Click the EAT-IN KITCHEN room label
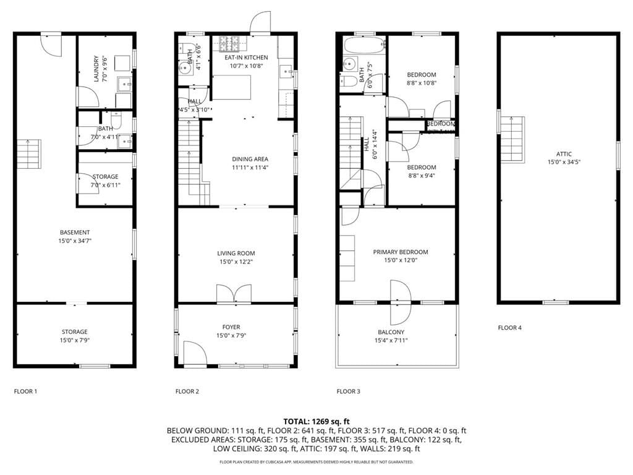click(246, 58)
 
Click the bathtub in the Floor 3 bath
click(364, 45)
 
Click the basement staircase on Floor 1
click(28, 155)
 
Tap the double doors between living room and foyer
click(234, 294)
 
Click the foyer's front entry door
click(195, 355)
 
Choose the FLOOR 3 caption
click(349, 392)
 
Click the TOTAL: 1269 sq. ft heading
click(316, 421)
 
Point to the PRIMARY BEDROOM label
click(400, 252)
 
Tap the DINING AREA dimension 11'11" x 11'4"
click(250, 167)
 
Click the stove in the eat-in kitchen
click(230, 44)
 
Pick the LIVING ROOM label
click(236, 253)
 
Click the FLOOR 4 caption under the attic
click(510, 328)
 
